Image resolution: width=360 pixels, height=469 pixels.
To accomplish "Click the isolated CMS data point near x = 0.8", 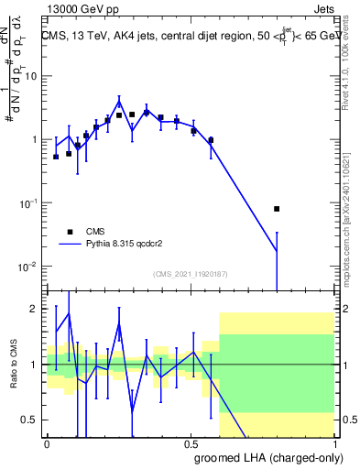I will (277, 209).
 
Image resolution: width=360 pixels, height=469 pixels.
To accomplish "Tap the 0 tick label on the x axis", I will (47, 442).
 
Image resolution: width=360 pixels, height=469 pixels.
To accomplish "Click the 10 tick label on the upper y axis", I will (31, 76).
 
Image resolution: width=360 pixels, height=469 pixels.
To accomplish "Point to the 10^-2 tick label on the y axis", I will (29, 267).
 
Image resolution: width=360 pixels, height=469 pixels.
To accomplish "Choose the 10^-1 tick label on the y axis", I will (29, 203).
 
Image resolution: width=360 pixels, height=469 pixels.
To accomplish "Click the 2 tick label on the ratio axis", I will (36, 309).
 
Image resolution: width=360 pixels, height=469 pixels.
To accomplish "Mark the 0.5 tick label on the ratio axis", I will (32, 420).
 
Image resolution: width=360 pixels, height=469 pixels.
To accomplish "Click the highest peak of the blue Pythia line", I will (119, 100).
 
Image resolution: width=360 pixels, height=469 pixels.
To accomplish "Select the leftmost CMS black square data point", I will (56, 157).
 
